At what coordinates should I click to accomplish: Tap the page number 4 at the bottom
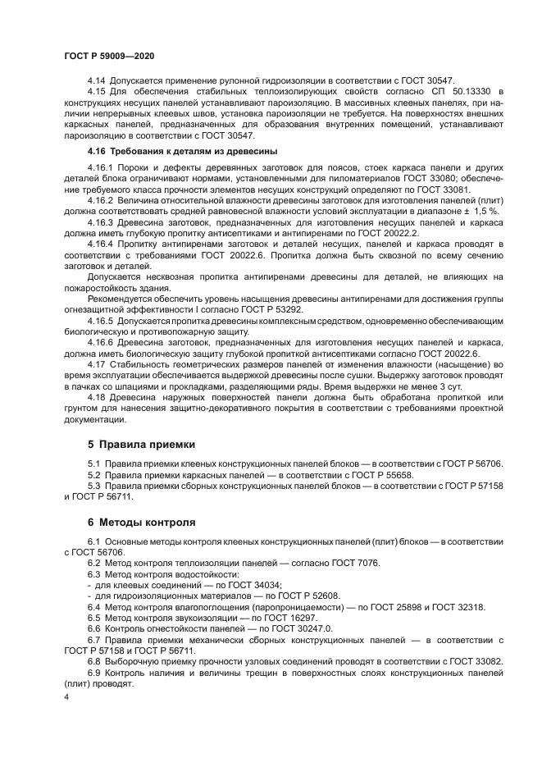(66, 696)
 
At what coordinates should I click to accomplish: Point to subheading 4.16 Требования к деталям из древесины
(182, 151)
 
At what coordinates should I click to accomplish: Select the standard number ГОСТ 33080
(427, 178)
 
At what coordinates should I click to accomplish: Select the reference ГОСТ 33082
(475, 660)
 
